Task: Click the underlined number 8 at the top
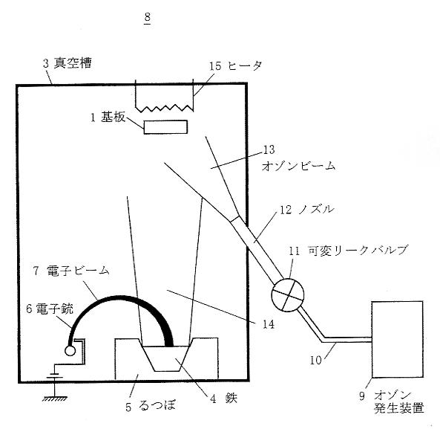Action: (x=148, y=18)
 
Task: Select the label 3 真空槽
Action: (x=68, y=63)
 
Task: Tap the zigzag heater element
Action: (x=165, y=107)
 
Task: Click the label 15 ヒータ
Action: (x=236, y=66)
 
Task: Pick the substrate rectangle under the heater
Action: (x=165, y=127)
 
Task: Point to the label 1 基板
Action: (x=108, y=117)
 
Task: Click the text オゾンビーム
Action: (x=298, y=166)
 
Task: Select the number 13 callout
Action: (x=269, y=149)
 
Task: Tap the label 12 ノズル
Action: (x=307, y=210)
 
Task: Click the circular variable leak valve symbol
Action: (x=288, y=294)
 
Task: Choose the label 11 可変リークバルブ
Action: (x=349, y=250)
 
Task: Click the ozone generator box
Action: (x=398, y=340)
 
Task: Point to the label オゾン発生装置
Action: (x=398, y=402)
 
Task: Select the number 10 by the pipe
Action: (x=315, y=360)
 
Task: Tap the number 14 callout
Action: (x=269, y=324)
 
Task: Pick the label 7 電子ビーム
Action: (x=71, y=271)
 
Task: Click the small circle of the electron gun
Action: (x=70, y=351)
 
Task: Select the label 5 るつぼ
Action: (x=151, y=406)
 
